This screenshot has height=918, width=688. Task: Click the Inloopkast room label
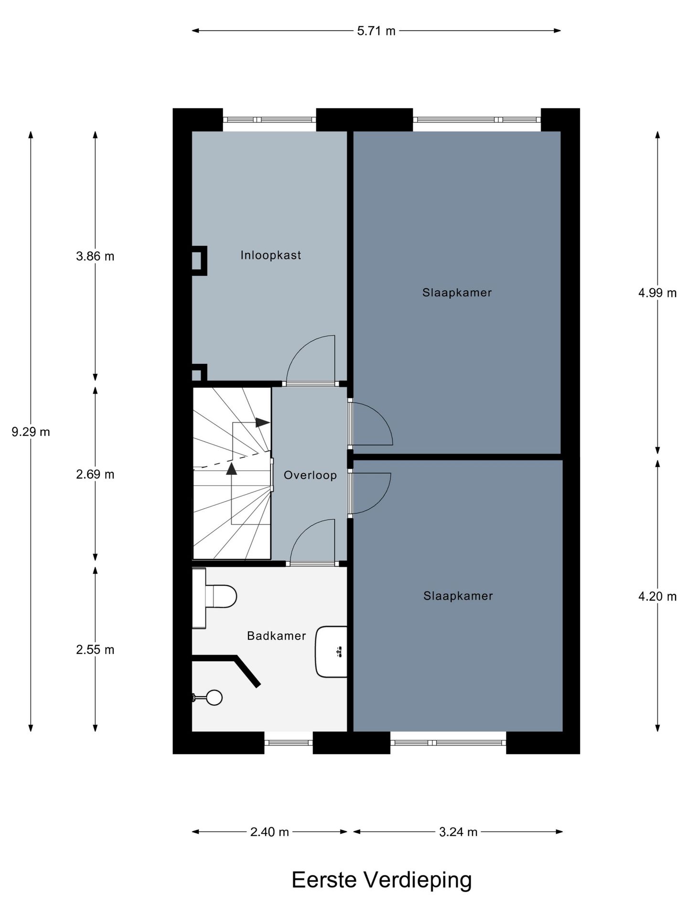tap(270, 255)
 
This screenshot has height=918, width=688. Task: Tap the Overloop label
tap(310, 475)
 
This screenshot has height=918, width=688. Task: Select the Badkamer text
tap(276, 636)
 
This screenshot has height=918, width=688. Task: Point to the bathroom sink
tap(331, 652)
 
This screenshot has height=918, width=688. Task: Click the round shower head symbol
tap(215, 698)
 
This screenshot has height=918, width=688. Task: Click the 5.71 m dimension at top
tap(376, 31)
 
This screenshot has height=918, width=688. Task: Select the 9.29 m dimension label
tap(31, 432)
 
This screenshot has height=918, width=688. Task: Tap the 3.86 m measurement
tap(95, 256)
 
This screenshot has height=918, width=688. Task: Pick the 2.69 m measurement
tap(95, 475)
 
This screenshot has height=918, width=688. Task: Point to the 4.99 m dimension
tap(657, 293)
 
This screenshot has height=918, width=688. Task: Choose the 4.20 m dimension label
tap(657, 597)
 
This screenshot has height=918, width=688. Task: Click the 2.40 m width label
tap(269, 832)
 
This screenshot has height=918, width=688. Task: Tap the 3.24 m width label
tap(458, 832)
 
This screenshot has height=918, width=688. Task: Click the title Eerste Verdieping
tap(381, 880)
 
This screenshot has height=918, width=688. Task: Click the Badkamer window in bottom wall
tap(289, 743)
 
